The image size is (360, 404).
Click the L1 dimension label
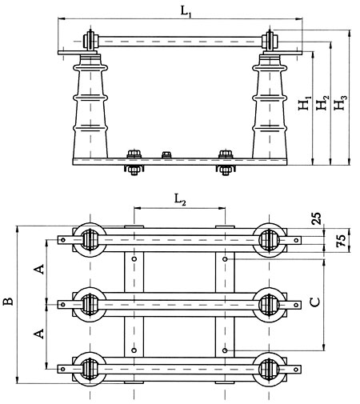[x=186, y=12]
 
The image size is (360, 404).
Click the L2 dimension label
[x=180, y=200]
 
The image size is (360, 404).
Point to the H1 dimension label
[x=305, y=103]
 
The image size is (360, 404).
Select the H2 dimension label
[x=322, y=102]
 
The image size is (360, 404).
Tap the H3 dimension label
[x=341, y=102]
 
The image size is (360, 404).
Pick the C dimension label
[x=315, y=302]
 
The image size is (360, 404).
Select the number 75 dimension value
[x=341, y=241]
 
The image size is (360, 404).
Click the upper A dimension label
[x=39, y=270]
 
